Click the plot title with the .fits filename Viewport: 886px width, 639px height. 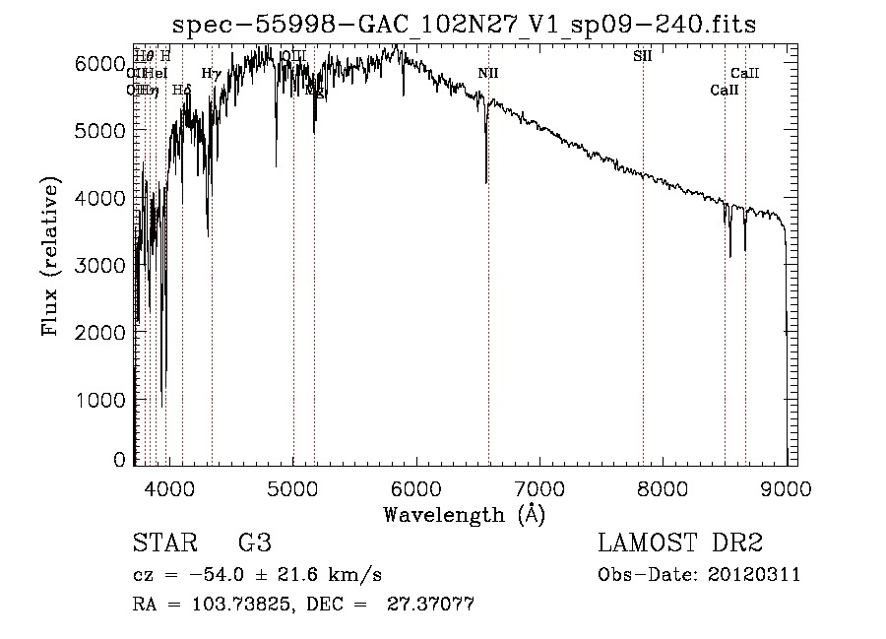464,25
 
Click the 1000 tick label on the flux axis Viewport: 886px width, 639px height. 100,401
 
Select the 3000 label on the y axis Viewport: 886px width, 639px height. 100,266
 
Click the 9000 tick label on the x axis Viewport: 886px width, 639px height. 787,488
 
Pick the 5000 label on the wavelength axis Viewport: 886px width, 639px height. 292,488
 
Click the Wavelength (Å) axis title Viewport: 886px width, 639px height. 464,514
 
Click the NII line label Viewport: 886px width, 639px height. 488,73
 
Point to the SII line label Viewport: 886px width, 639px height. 642,56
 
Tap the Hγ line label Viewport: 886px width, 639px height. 211,73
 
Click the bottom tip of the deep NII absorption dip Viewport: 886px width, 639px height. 486,182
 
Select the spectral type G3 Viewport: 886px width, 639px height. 254,543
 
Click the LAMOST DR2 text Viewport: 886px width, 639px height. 680,543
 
